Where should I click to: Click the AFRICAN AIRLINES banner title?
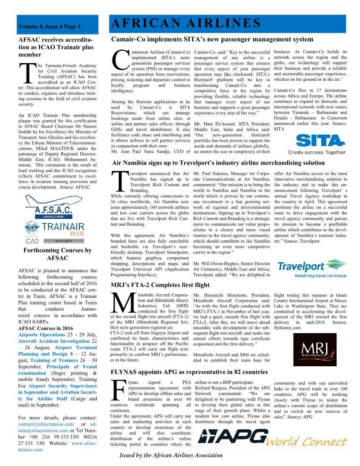[185, 23]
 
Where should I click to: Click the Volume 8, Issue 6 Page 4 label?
[49, 26]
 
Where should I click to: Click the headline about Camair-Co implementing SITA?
[212, 40]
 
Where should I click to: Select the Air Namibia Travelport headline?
[218, 163]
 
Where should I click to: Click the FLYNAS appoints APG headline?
[189, 372]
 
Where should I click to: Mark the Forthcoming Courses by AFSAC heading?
[57, 254]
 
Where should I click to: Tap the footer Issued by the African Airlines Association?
[171, 455]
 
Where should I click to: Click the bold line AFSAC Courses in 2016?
[45, 328]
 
